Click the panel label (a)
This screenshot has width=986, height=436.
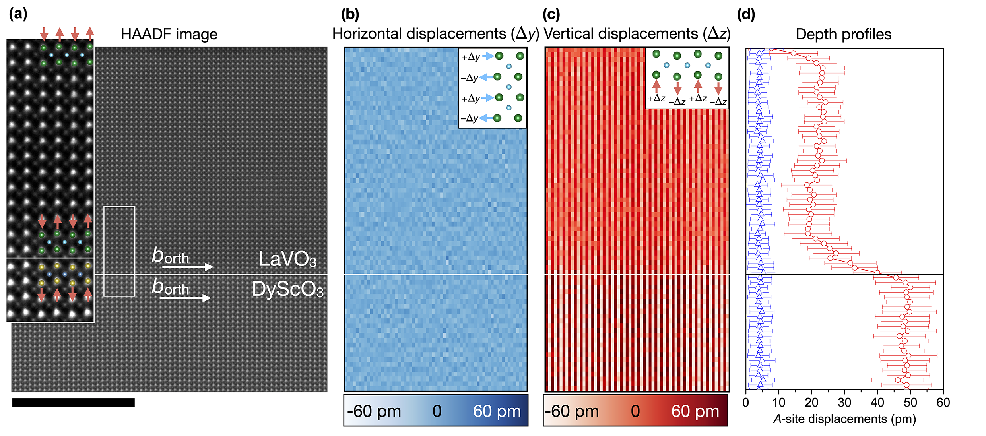click(18, 14)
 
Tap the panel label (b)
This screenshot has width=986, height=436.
click(350, 14)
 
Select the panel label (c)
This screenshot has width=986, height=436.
click(551, 14)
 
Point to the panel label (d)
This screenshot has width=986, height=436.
click(745, 14)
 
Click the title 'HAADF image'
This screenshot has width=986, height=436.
click(169, 35)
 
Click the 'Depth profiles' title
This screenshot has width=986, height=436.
click(843, 35)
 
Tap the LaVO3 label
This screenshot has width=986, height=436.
click(287, 259)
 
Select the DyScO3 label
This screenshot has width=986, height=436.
click(287, 289)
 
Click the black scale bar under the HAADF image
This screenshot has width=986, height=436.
click(74, 403)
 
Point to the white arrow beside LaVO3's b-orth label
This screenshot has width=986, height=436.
click(188, 267)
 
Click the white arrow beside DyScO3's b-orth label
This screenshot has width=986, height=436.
click(185, 298)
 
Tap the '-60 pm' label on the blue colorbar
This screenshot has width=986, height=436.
click(374, 411)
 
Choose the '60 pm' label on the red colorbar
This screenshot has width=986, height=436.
click(695, 411)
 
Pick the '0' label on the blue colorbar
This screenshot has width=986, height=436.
click(437, 411)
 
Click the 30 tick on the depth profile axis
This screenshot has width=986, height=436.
click(844, 403)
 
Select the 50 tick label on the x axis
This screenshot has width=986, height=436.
click(910, 403)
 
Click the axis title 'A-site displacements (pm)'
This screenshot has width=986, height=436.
click(844, 419)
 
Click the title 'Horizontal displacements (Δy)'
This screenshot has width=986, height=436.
click(435, 34)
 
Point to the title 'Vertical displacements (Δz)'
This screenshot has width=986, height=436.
click(637, 34)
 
